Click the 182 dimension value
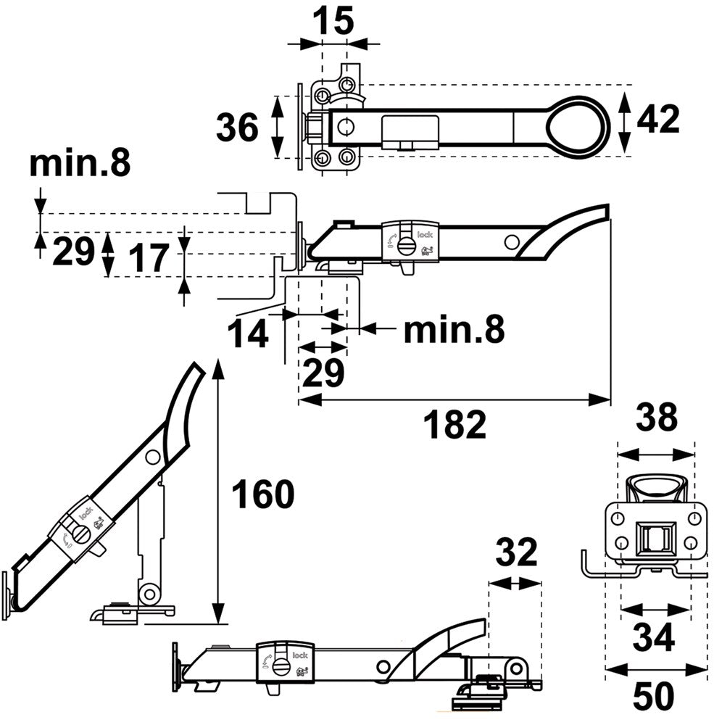point(455,425)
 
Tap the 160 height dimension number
point(262,495)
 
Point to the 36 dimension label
point(237,128)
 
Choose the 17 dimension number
point(151,257)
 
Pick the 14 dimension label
point(248,334)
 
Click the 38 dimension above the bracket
point(656,418)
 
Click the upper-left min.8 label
point(80,165)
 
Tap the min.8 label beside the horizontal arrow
point(454,330)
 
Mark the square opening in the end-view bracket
point(655,539)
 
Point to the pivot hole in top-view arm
point(344,127)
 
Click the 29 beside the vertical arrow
point(74,251)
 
